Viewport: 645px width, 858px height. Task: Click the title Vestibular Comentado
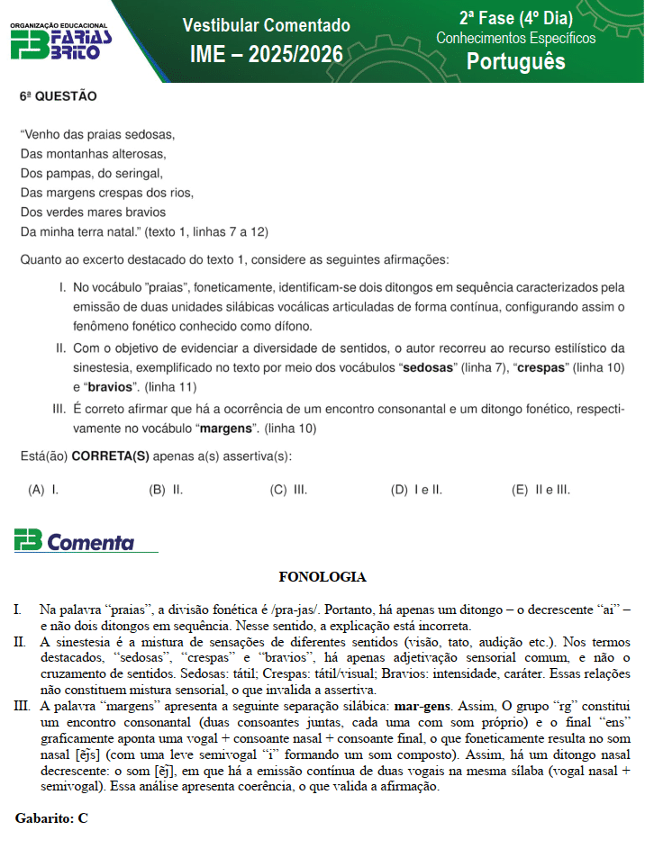(x=266, y=25)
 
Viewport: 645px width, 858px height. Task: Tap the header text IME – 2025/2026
(x=267, y=55)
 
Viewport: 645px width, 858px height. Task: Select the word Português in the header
(x=515, y=60)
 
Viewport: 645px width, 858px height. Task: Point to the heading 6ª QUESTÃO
(x=59, y=95)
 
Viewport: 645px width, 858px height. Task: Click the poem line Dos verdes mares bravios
(x=93, y=212)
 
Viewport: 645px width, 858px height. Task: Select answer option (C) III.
(x=288, y=490)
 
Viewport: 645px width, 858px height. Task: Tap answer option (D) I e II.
(x=416, y=490)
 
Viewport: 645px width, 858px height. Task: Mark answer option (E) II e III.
(x=541, y=490)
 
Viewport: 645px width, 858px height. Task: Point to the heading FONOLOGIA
(x=322, y=576)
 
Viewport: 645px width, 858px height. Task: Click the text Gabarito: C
(x=51, y=818)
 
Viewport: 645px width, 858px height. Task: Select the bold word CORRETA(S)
(x=110, y=456)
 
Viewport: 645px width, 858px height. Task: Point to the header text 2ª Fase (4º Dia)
(x=515, y=18)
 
